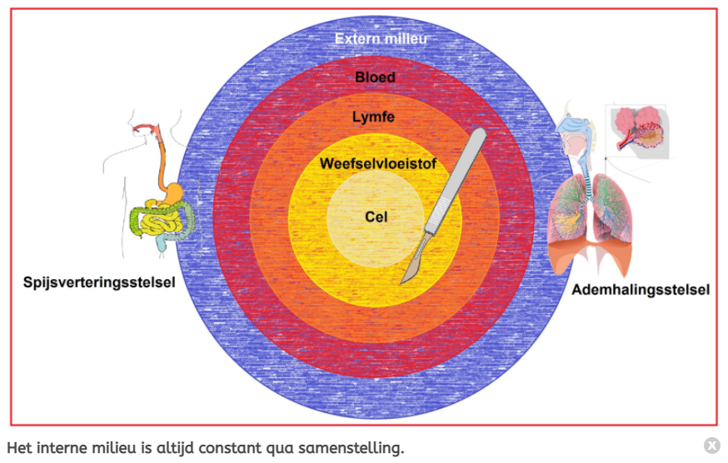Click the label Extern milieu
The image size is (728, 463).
(381, 38)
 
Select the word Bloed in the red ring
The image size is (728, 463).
(375, 77)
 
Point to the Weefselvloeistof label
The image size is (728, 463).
(377, 163)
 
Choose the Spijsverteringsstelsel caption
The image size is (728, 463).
(99, 283)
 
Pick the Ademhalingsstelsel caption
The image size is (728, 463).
(641, 290)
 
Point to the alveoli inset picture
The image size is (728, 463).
(639, 129)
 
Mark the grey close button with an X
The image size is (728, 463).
(711, 445)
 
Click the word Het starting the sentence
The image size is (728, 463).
(17, 448)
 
